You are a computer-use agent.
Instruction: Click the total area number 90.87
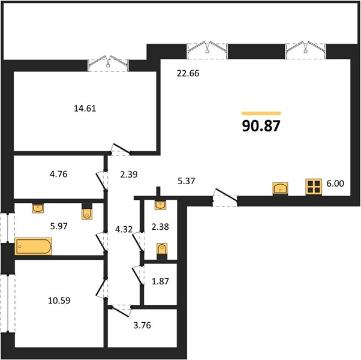click(261, 126)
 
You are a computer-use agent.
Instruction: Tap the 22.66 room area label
click(188, 73)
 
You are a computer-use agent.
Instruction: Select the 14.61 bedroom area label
click(85, 108)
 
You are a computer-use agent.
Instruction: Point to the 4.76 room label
click(59, 174)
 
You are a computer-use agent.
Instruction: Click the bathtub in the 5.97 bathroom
click(33, 247)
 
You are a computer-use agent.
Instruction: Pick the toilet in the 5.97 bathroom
click(87, 211)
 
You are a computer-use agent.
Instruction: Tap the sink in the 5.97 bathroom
click(38, 208)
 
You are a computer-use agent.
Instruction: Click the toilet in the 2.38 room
click(162, 251)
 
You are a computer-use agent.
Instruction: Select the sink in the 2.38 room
click(160, 205)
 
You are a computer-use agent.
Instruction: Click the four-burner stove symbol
click(314, 187)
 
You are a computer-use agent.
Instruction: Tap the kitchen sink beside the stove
click(280, 188)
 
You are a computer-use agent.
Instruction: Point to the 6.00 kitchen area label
click(335, 184)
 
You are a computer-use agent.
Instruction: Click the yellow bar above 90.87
click(261, 113)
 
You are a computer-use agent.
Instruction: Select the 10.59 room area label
click(59, 301)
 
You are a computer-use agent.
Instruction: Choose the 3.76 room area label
click(142, 325)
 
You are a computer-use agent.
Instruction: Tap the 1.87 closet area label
click(160, 281)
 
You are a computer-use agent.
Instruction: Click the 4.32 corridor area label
click(124, 229)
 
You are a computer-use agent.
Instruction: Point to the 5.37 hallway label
click(186, 181)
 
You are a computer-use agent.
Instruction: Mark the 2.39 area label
click(129, 175)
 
